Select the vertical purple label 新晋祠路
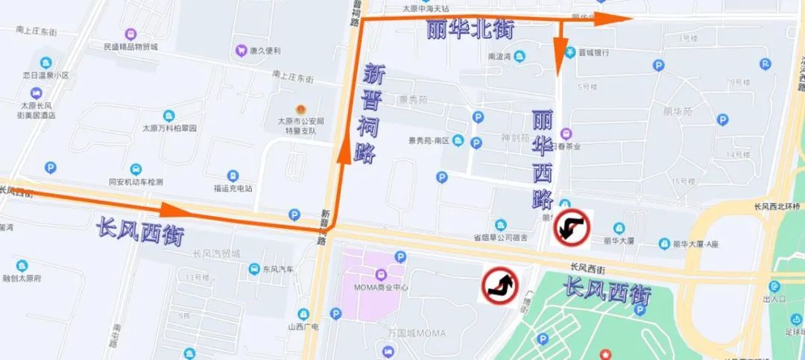[x=372, y=113]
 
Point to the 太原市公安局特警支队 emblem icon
[x=301, y=109]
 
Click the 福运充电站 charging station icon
[x=233, y=176]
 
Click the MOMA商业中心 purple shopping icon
[x=381, y=276]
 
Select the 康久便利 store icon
[x=241, y=51]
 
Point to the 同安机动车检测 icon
[x=136, y=169]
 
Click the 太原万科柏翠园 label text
[x=169, y=128]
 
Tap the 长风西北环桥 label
[x=776, y=206]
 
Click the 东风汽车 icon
[x=254, y=269]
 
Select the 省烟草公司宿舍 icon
[x=500, y=224]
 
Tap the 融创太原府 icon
[x=22, y=266]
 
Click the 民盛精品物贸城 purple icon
[x=130, y=34]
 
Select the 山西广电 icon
[x=303, y=314]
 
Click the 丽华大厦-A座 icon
[x=664, y=243]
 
